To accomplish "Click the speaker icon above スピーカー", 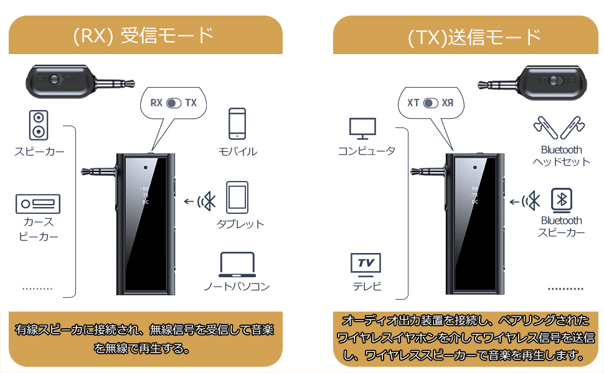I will pyautogui.click(x=38, y=125).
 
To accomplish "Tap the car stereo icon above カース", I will pyautogui.click(x=37, y=203).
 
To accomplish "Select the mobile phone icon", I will pyautogui.click(x=237, y=124).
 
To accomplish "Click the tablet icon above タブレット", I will pyautogui.click(x=237, y=196).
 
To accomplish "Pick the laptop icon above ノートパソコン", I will pyautogui.click(x=237, y=265).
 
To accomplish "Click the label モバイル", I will pyautogui.click(x=237, y=152).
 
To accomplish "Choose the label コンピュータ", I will pyautogui.click(x=366, y=151).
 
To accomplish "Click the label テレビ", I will pyautogui.click(x=367, y=287).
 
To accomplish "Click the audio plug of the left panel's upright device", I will pyautogui.click(x=98, y=172).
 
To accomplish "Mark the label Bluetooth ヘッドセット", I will pyautogui.click(x=561, y=156).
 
